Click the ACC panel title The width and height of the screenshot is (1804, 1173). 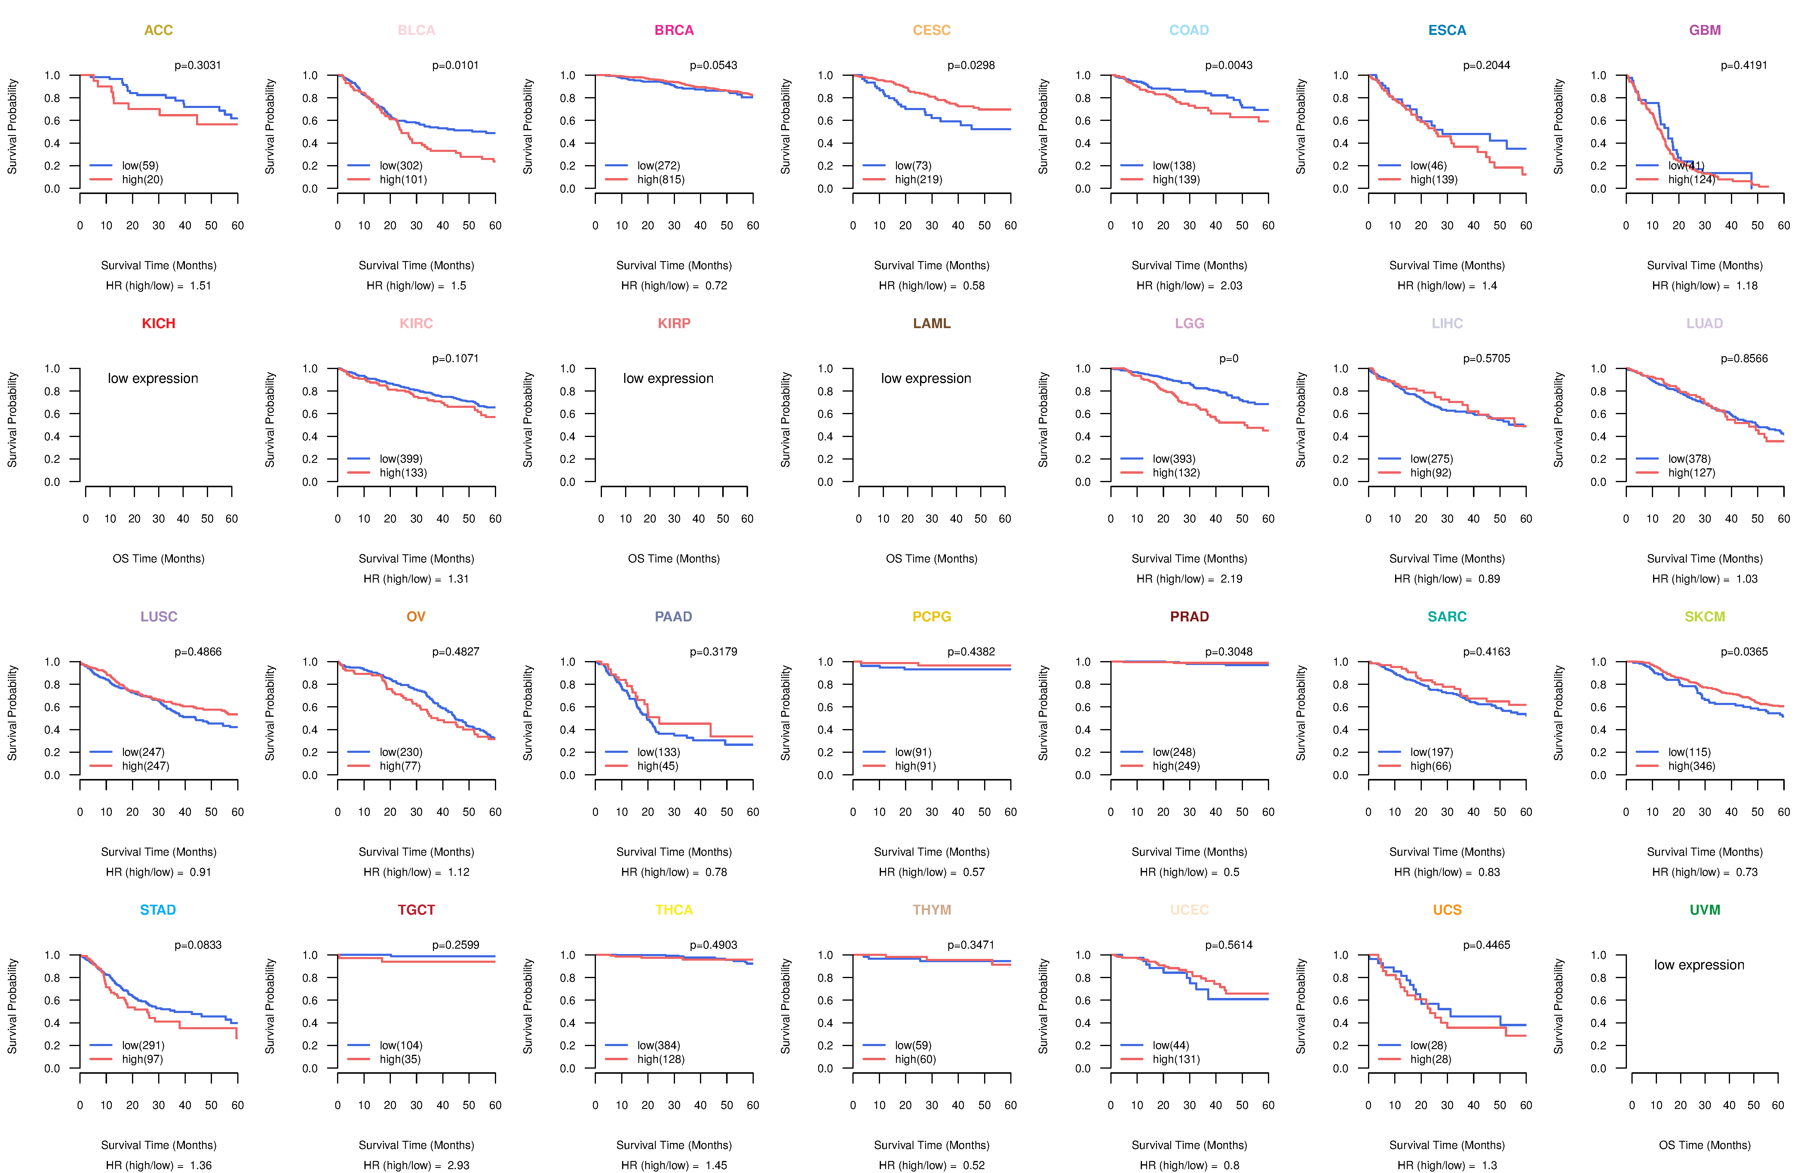point(158,30)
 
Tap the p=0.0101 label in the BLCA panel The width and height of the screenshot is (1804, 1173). point(456,65)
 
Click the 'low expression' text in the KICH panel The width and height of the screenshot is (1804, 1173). point(153,378)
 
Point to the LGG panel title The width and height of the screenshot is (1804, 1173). point(1189,324)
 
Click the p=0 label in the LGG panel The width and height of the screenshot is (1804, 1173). point(1229,359)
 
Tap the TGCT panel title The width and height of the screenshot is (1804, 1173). point(416,910)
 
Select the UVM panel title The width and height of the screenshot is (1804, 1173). point(1705,910)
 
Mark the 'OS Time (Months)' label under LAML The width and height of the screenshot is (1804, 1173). point(931,559)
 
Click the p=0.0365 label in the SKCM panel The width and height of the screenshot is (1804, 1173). point(1744,652)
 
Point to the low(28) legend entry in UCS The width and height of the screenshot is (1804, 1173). point(1428,1045)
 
